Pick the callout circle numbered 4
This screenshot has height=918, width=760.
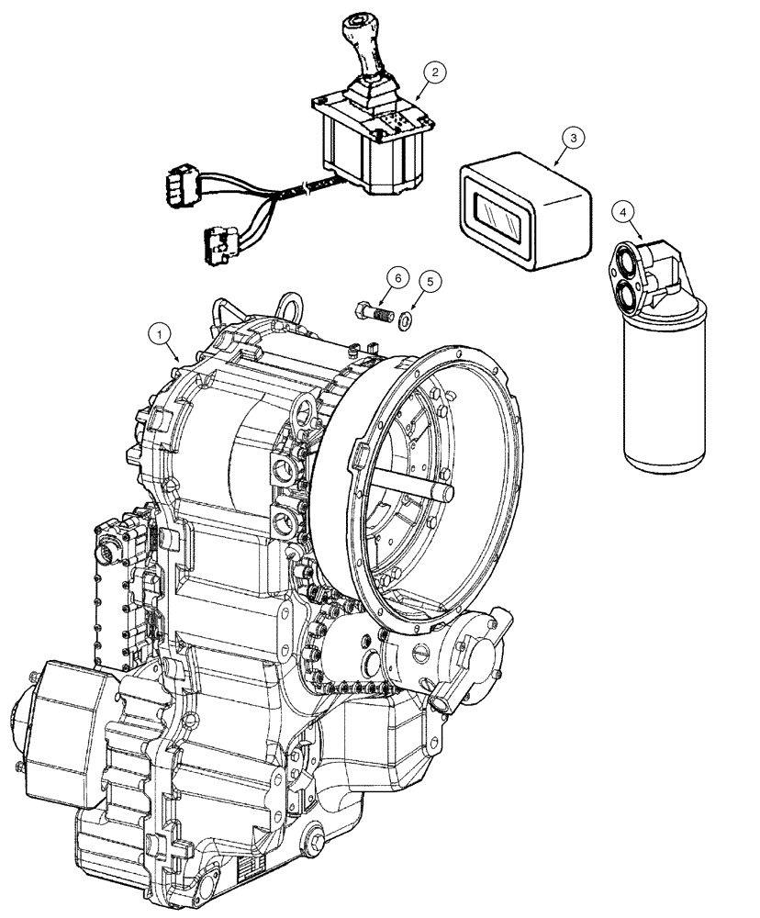coord(624,212)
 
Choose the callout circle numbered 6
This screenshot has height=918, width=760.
coord(395,275)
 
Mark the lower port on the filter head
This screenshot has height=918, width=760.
coord(630,298)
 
